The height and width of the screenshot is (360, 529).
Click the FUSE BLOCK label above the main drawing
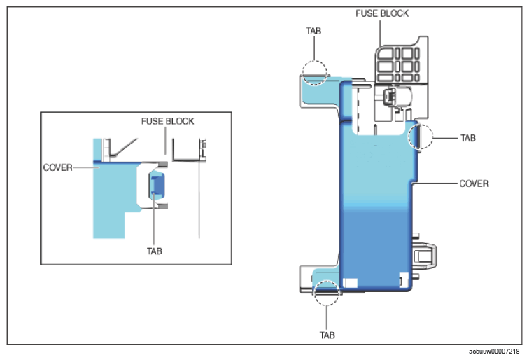click(382, 13)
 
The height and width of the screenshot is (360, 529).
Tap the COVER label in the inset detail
click(58, 167)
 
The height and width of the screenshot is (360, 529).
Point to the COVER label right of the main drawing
click(473, 184)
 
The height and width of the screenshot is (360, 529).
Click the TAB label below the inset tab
click(155, 251)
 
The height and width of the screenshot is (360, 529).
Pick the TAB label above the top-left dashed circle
click(315, 32)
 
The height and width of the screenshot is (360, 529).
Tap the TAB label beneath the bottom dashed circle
click(327, 335)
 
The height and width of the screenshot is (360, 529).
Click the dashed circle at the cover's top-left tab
click(315, 71)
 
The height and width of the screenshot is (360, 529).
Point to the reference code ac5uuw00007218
click(495, 352)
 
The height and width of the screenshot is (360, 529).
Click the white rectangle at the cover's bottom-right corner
click(402, 277)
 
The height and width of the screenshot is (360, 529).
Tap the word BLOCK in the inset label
click(181, 121)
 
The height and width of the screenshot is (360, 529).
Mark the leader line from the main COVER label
click(434, 184)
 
